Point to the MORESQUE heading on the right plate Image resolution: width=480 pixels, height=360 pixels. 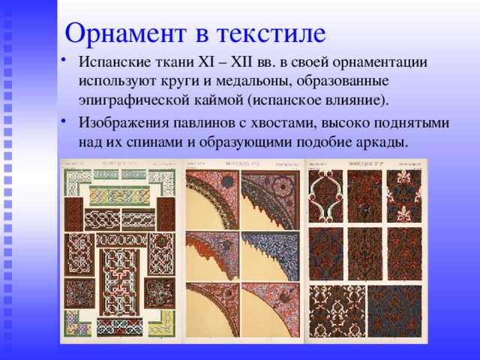click(x=365, y=163)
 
